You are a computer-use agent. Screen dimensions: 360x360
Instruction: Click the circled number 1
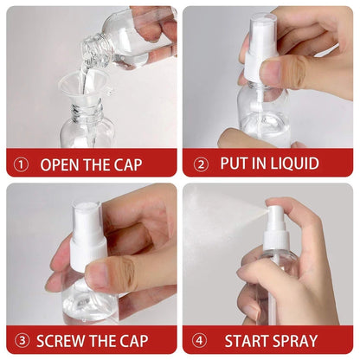click(x=21, y=164)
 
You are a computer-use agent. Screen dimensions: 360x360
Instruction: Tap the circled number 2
click(x=201, y=164)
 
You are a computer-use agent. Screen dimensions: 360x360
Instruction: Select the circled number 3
click(x=21, y=340)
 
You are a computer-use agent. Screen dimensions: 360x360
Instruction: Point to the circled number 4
click(x=201, y=340)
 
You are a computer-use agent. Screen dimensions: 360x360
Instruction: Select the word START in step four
click(x=252, y=340)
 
